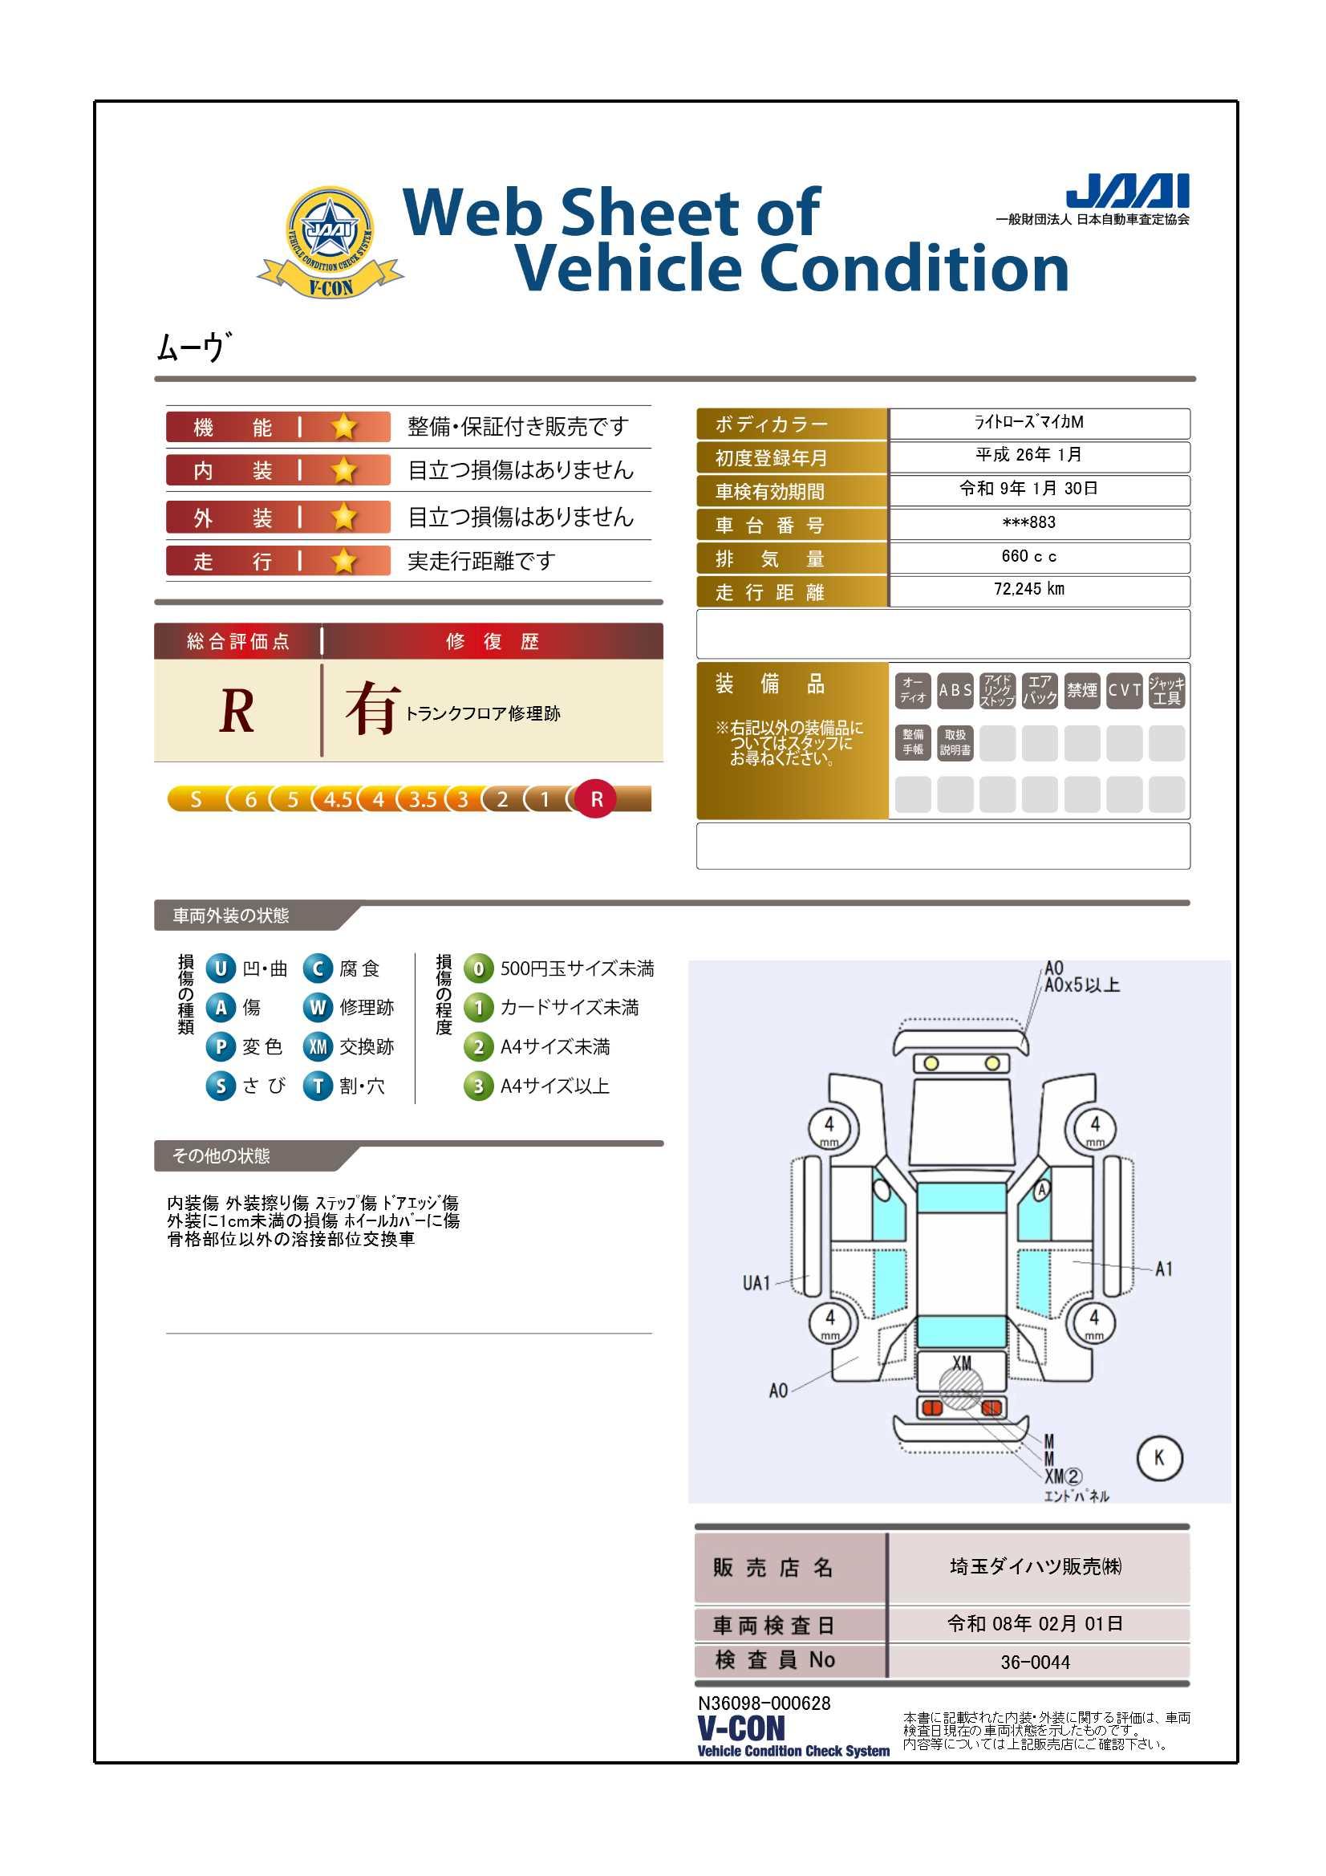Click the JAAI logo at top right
(1128, 190)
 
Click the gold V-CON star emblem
(330, 242)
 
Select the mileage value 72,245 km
(1028, 589)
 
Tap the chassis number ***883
(1028, 522)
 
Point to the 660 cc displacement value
(1028, 556)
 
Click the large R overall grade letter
(237, 711)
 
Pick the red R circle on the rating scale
(596, 799)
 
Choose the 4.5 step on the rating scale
(338, 799)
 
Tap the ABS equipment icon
(955, 690)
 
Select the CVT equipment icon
(1124, 690)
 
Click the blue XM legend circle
(318, 1046)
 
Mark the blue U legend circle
(221, 968)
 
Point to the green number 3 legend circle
(479, 1086)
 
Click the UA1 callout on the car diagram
(756, 1283)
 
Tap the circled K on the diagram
(1158, 1458)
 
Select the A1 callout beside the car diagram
(1163, 1269)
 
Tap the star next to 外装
(344, 518)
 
